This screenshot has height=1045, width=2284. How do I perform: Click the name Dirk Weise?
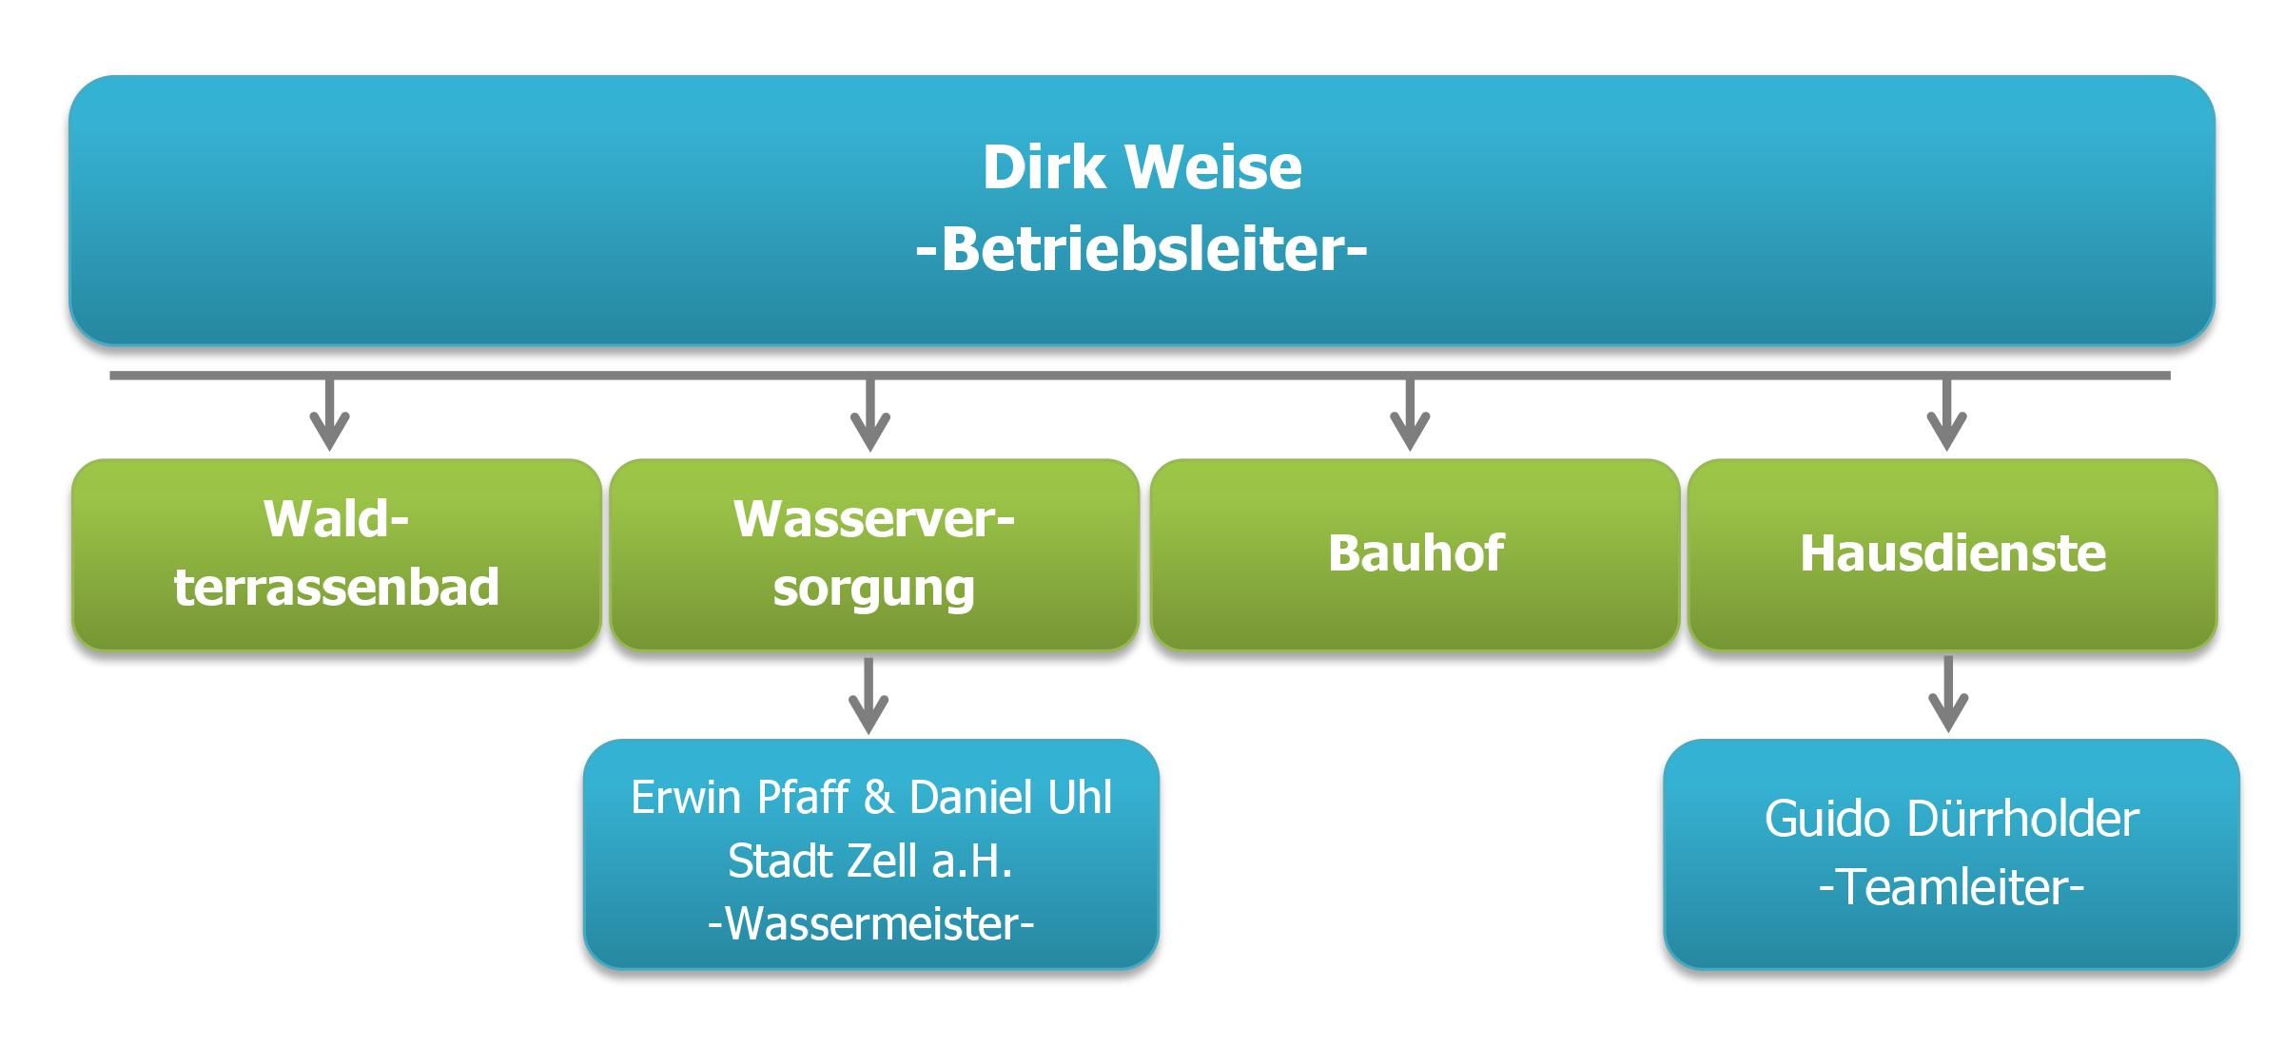point(1142,167)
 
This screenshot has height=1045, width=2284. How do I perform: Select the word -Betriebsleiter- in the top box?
point(1142,249)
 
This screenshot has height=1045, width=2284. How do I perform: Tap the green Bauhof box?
point(1415,554)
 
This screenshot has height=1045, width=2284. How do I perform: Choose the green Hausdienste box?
point(1952,554)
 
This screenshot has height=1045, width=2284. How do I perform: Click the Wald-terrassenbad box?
point(337,554)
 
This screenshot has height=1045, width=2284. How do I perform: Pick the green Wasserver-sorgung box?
point(874,554)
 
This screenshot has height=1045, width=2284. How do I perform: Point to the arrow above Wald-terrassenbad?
point(330,414)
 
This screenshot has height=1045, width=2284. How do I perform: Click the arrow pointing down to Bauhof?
point(1410,414)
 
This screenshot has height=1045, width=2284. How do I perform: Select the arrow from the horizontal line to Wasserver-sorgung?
point(869,414)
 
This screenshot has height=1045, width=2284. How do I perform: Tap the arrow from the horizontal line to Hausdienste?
point(1946,414)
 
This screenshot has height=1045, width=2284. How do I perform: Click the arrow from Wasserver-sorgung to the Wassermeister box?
point(868,695)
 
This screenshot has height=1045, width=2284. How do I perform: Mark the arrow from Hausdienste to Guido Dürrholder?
point(1948,694)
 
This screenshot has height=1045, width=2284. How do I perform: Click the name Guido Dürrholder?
point(1952,819)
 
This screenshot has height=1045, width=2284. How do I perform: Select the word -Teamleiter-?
point(1951,887)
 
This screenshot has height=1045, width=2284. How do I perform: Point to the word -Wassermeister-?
point(870,922)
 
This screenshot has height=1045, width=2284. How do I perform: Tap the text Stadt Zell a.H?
point(870,861)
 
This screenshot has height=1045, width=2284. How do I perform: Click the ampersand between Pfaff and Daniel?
point(879,797)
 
